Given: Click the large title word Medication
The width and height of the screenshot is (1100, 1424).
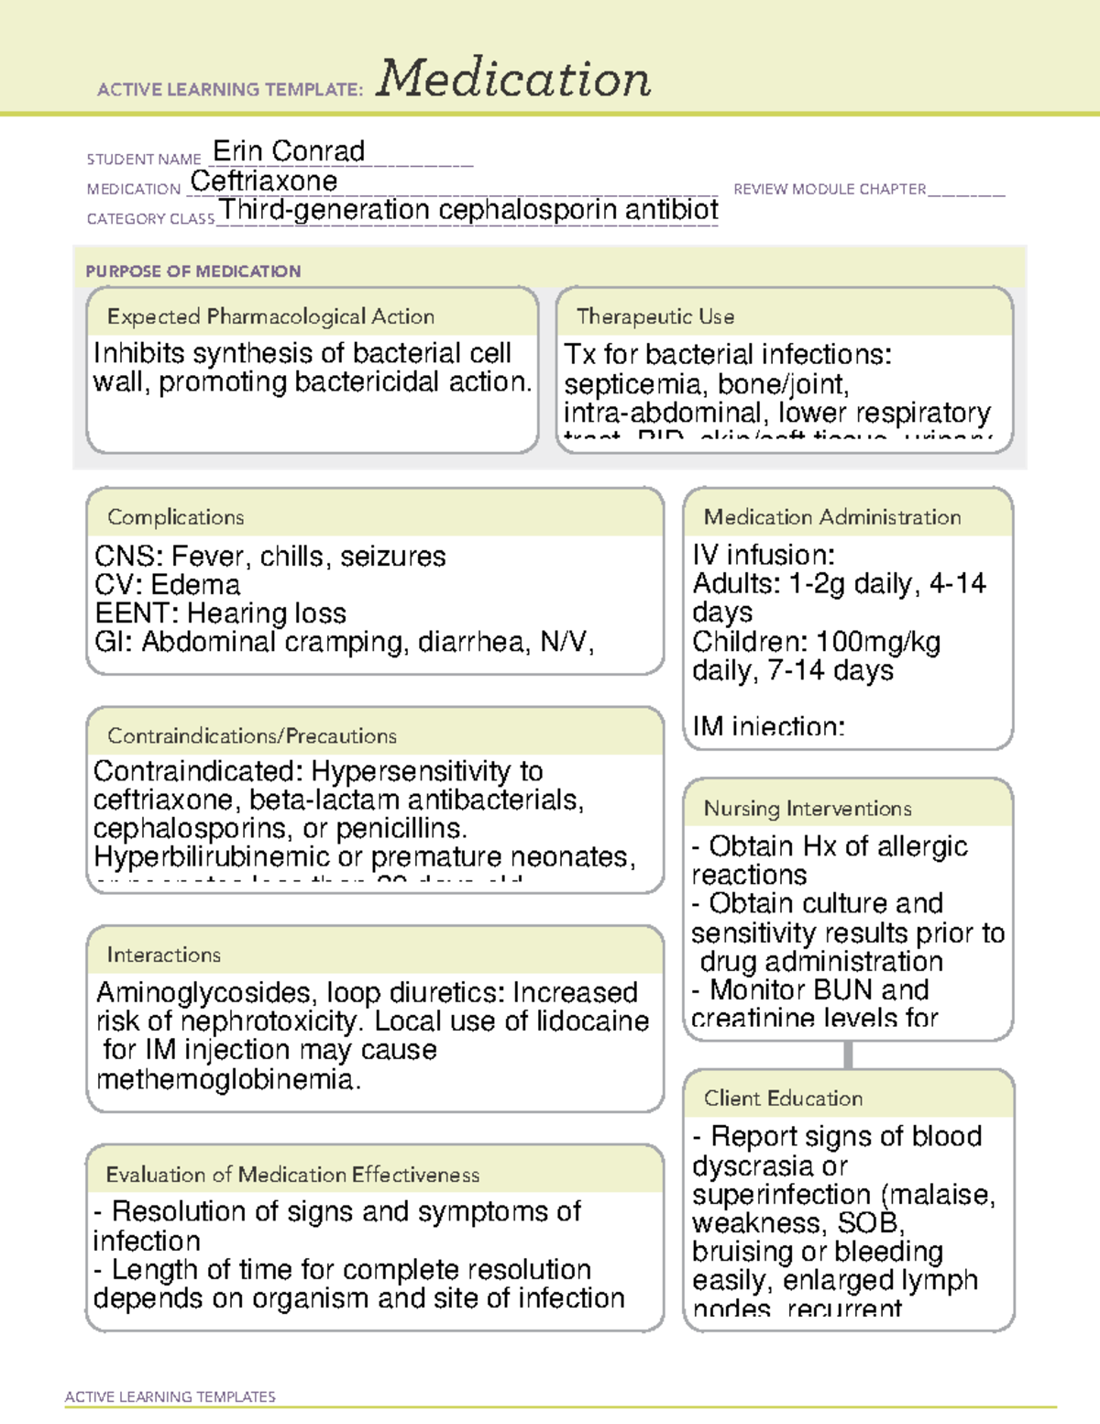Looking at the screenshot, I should coord(513,79).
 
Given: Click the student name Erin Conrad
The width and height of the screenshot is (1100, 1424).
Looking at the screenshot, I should coord(289,150).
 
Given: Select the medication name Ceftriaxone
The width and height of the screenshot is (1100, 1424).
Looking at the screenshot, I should coord(264,181).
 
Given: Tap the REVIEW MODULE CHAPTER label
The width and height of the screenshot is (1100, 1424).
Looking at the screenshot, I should coord(830,189).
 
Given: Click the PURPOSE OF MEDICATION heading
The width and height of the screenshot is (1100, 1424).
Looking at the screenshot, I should coord(192,271).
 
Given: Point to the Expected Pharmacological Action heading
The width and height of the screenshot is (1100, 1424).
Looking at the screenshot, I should coord(270,316).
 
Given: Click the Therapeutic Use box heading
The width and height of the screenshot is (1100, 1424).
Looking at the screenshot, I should coord(654,316).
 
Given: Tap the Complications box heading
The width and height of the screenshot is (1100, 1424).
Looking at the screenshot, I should coord(175,517).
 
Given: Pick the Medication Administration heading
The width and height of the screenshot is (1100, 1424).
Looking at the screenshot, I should coord(831,517).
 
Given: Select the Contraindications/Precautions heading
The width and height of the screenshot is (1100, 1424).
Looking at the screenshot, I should coord(251,735).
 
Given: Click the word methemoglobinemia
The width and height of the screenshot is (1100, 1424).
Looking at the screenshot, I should coord(228,1079).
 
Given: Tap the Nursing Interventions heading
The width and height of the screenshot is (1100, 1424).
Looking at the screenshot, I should coord(807,809).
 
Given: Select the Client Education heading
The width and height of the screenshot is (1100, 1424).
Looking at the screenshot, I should coord(783,1098).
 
